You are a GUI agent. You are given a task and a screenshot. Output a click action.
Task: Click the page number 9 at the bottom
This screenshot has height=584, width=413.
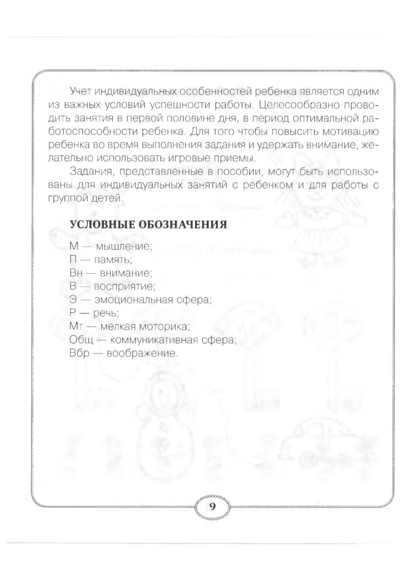pos(212,507)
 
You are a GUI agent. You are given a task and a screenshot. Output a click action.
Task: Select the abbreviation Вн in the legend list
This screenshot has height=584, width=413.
pos(76,273)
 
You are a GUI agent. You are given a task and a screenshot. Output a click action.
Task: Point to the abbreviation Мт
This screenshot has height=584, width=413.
pos(76,326)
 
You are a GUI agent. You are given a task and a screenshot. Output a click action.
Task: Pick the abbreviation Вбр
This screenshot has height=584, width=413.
pos(80,353)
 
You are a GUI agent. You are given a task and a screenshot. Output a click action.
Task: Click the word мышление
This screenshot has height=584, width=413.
pos(124,247)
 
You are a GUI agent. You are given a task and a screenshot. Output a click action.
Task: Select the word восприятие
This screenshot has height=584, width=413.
pos(125,287)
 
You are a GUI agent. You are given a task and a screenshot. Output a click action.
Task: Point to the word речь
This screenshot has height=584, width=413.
pos(106,313)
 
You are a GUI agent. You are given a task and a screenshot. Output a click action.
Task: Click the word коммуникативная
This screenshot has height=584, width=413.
pos(162,340)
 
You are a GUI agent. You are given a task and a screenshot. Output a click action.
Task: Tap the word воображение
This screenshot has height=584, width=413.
pos(142,353)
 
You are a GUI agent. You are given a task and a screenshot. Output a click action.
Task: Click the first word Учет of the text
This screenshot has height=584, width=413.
pos(81,91)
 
